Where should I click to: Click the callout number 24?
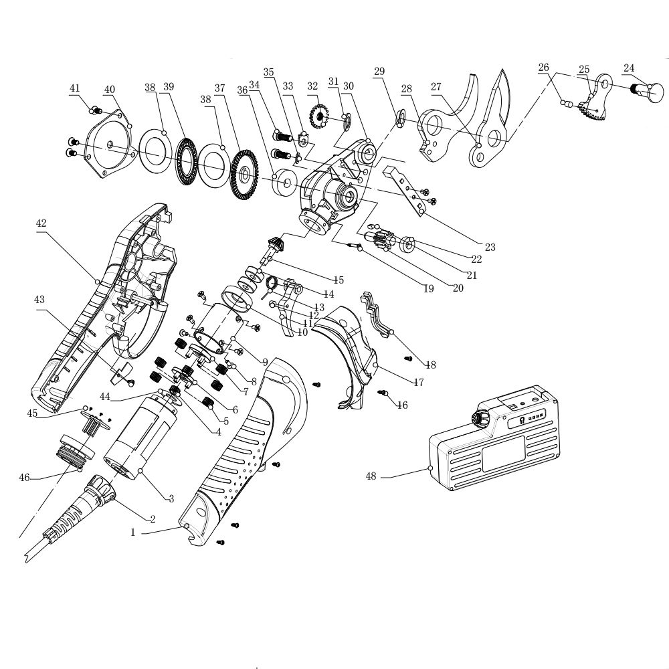coord(629,68)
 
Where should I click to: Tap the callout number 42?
coord(41,223)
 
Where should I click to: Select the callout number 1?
coord(133,533)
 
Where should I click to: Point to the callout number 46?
coord(24,477)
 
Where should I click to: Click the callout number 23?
coord(490,247)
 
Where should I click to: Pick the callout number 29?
coord(379,71)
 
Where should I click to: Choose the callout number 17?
coord(419,383)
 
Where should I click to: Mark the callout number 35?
coord(268,72)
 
